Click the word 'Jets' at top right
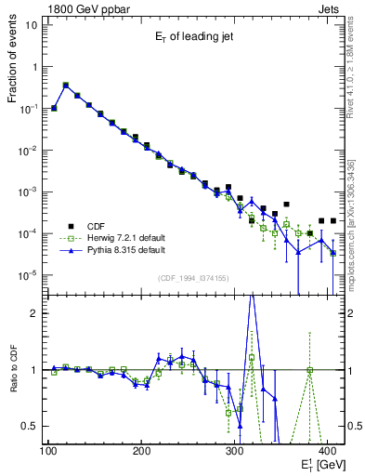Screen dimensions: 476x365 (x=330, y=7)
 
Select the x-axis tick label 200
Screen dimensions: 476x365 (x=141, y=452)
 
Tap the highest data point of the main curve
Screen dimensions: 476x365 (x=65, y=85)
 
